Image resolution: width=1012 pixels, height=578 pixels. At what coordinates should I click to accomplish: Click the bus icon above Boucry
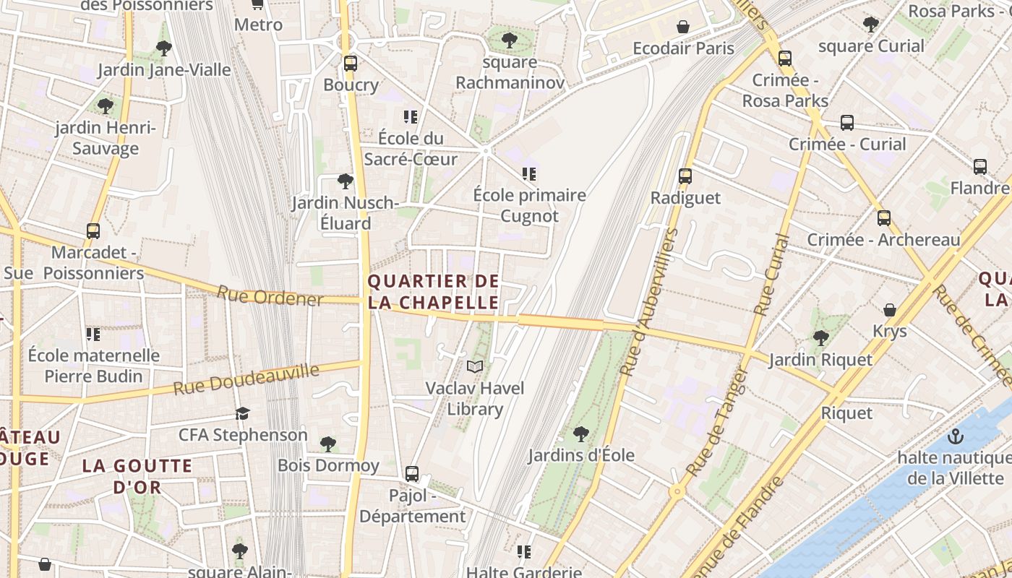tap(351, 64)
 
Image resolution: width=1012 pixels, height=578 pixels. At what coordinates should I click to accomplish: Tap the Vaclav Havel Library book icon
tap(474, 367)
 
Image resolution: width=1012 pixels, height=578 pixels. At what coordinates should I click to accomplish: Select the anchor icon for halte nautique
tap(956, 436)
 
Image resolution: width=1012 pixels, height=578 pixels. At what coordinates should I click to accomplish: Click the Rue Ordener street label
tap(270, 296)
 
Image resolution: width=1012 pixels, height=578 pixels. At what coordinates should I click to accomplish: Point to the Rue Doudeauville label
tap(246, 380)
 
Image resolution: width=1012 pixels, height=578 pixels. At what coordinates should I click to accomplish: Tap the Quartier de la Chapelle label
tap(434, 292)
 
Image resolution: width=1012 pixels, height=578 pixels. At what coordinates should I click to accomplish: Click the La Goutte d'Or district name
tap(137, 476)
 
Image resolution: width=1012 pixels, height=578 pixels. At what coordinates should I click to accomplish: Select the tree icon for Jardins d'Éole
tap(580, 434)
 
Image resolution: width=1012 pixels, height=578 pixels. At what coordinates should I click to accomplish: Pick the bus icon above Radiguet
tap(685, 176)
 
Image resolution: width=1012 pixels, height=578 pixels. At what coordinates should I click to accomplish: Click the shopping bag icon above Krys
tap(890, 310)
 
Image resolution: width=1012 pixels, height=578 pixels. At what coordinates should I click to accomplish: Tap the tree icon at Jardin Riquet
tap(820, 337)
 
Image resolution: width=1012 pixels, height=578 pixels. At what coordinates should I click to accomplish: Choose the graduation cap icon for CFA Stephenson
tap(242, 413)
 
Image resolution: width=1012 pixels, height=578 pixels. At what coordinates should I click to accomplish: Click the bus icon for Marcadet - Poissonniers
tap(93, 231)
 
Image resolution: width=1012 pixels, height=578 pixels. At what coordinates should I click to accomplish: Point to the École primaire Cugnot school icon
tap(530, 174)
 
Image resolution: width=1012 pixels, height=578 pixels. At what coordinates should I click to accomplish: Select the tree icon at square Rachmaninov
tap(510, 40)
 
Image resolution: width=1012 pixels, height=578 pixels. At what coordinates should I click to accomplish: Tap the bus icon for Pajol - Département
tap(412, 474)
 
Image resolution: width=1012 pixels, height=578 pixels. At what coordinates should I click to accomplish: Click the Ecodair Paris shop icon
tap(682, 27)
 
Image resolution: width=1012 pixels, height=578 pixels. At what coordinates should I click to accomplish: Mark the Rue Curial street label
tap(771, 275)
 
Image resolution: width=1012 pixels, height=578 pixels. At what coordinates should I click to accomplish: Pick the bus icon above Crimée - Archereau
tap(883, 218)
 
